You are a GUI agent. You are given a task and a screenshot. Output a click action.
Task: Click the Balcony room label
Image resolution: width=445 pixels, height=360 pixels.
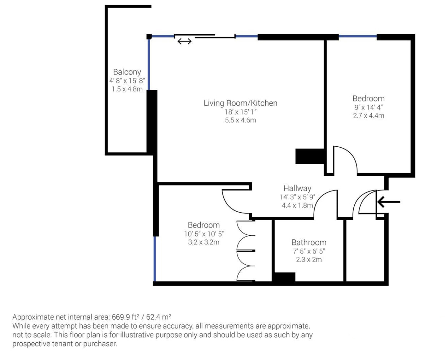pos(127,72)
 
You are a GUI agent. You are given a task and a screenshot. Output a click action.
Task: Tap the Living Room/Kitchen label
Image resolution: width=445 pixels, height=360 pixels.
pos(240,103)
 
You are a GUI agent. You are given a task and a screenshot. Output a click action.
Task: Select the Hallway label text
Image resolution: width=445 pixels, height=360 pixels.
pos(297,188)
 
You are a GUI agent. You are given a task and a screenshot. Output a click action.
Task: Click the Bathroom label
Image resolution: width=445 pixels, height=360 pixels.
pos(309,243)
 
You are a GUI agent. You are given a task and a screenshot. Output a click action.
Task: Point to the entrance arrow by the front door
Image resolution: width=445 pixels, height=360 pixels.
pos(389,202)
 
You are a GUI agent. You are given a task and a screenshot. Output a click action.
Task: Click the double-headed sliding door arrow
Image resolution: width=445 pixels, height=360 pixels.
pos(184,41)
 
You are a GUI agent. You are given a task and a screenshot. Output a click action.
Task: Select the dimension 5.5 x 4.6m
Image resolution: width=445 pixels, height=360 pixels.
pos(240,120)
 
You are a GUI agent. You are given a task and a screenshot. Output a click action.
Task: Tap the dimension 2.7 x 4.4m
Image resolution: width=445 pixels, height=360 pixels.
pos(368,116)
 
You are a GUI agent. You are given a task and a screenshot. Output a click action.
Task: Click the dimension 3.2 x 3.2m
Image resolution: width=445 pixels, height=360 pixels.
pos(204,242)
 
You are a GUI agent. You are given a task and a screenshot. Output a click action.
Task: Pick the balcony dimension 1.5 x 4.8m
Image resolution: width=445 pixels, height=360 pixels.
pos(127,89)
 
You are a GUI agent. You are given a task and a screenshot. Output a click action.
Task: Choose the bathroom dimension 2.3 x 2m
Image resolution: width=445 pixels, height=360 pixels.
pos(309,260)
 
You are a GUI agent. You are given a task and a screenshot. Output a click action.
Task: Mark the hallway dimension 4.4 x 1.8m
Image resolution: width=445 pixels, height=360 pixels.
pos(297,205)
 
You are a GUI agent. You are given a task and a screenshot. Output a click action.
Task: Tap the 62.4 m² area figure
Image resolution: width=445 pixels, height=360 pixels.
pos(158,317)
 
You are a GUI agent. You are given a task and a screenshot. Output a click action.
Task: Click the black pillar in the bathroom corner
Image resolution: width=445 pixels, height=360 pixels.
pos(284,277)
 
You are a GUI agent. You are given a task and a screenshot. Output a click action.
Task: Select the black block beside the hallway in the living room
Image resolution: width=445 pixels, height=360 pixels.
pos(310,156)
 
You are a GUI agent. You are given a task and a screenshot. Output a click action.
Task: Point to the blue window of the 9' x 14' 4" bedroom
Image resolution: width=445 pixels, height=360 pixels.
pos(358,36)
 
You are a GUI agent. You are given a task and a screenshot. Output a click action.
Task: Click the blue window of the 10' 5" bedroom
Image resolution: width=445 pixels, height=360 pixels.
pos(154,259)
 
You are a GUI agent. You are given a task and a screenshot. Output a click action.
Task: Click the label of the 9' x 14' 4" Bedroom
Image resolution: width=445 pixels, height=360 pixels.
pos(368,99)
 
